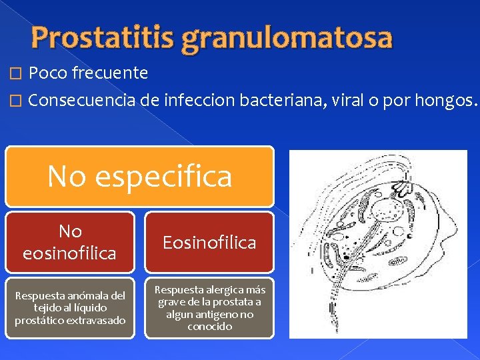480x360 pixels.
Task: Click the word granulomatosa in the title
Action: [x=286, y=39]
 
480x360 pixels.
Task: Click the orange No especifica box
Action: [x=139, y=176]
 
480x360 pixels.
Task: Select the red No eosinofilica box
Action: [x=70, y=242]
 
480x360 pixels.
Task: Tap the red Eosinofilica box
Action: [x=209, y=242]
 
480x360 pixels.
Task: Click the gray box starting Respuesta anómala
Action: [x=70, y=307]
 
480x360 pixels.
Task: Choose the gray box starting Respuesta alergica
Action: [x=209, y=307]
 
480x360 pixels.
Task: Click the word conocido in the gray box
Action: [x=210, y=326]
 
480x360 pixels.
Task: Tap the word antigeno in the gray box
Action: [x=219, y=314]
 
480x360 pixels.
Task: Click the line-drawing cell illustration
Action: [x=378, y=243]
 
